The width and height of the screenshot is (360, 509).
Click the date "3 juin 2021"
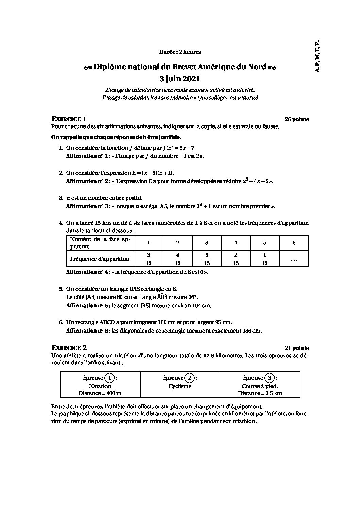click(x=180, y=79)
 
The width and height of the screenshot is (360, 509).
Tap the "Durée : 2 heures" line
click(x=180, y=52)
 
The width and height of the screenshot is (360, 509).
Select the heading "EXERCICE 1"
click(x=69, y=119)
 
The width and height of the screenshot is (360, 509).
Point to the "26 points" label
click(x=296, y=119)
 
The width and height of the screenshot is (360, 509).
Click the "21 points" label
click(x=296, y=348)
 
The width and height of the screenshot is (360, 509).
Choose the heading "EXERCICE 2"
click(x=69, y=348)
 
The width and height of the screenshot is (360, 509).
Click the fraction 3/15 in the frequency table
click(x=149, y=259)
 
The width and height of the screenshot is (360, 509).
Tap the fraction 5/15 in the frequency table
click(x=207, y=259)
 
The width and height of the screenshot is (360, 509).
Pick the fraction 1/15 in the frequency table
click(x=265, y=259)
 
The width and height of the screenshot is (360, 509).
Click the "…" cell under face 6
click(x=294, y=259)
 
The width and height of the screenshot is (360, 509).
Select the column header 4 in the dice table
click(x=236, y=243)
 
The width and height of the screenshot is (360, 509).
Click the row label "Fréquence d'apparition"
click(x=100, y=259)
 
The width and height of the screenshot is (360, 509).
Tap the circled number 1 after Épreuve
click(x=109, y=378)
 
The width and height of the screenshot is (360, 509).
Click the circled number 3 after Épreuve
click(x=269, y=378)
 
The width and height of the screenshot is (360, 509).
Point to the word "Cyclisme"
click(x=180, y=386)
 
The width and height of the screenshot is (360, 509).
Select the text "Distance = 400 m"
click(x=100, y=393)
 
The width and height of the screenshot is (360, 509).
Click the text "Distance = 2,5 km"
click(x=260, y=393)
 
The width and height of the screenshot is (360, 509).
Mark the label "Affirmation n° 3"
click(x=87, y=206)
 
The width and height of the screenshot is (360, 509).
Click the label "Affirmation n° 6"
click(x=87, y=331)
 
